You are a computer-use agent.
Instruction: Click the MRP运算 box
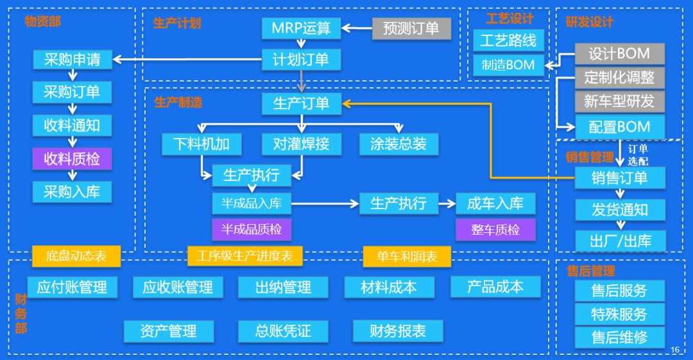pyautogui.click(x=301, y=28)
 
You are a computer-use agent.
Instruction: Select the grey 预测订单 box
pyautogui.click(x=411, y=28)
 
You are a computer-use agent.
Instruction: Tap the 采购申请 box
pyautogui.click(x=72, y=60)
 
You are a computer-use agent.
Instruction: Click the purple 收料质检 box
pyautogui.click(x=72, y=159)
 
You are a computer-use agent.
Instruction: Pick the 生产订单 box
pyautogui.click(x=301, y=103)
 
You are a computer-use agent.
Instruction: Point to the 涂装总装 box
pyautogui.click(x=398, y=144)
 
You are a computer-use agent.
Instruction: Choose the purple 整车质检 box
pyautogui.click(x=495, y=229)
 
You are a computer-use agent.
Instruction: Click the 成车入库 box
pyautogui.click(x=495, y=204)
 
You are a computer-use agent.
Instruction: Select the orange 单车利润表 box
pyautogui.click(x=407, y=257)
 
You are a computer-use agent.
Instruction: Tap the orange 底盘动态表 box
pyautogui.click(x=76, y=257)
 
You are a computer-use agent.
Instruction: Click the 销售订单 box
pyautogui.click(x=619, y=178)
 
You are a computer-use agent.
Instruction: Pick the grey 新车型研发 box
pyautogui.click(x=619, y=101)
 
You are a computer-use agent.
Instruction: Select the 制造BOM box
pyautogui.click(x=508, y=65)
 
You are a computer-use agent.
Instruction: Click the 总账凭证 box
pyautogui.click(x=283, y=331)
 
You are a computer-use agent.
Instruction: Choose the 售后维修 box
pyautogui.click(x=619, y=337)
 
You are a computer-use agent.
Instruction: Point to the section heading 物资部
pyautogui.click(x=42, y=21)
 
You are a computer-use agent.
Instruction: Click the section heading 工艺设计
pyautogui.click(x=509, y=18)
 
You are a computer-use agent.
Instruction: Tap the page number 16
pyautogui.click(x=674, y=349)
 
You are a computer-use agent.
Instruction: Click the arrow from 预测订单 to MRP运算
pyautogui.click(x=357, y=28)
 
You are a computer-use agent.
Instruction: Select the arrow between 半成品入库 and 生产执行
pyautogui.click(x=325, y=204)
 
